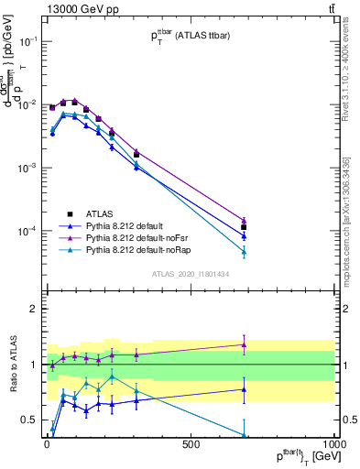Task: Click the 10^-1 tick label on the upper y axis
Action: pyautogui.click(x=27, y=41)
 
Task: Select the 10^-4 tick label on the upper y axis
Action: pyautogui.click(x=27, y=231)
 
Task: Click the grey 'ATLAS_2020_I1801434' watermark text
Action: pyautogui.click(x=191, y=274)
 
